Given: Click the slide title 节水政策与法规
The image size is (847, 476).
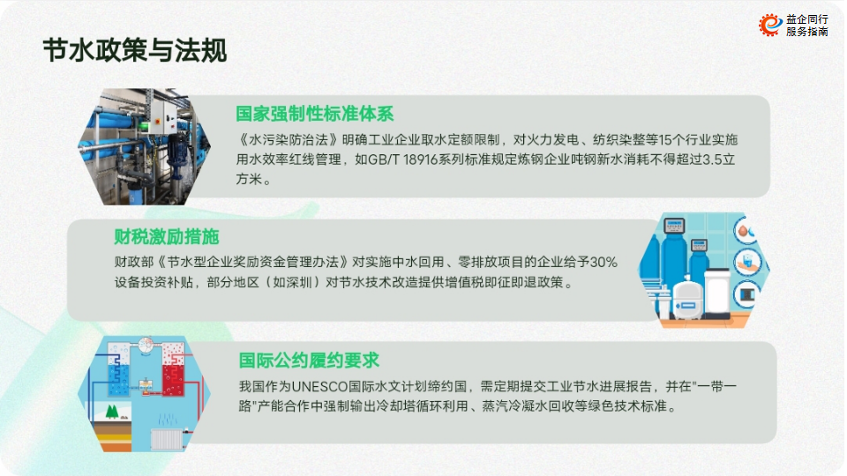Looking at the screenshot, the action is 134,51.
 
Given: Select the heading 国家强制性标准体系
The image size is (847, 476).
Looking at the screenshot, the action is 314,114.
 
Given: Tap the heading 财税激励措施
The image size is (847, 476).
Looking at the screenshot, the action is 167,236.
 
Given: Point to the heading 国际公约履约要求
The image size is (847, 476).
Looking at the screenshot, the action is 309,360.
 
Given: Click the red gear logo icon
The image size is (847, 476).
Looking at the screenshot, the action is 770,25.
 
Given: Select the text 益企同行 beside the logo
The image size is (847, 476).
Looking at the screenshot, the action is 807,19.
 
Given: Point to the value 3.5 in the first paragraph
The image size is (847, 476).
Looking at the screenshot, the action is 713,160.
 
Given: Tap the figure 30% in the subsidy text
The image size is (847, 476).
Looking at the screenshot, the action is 603,263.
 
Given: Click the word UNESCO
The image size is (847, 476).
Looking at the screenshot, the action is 319,386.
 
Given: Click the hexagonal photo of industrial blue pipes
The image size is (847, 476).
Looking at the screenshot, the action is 144,146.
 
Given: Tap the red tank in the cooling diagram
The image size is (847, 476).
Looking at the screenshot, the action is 174,368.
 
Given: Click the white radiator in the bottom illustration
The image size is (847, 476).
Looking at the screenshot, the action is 167,439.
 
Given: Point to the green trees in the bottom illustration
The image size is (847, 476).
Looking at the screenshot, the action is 112,412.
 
